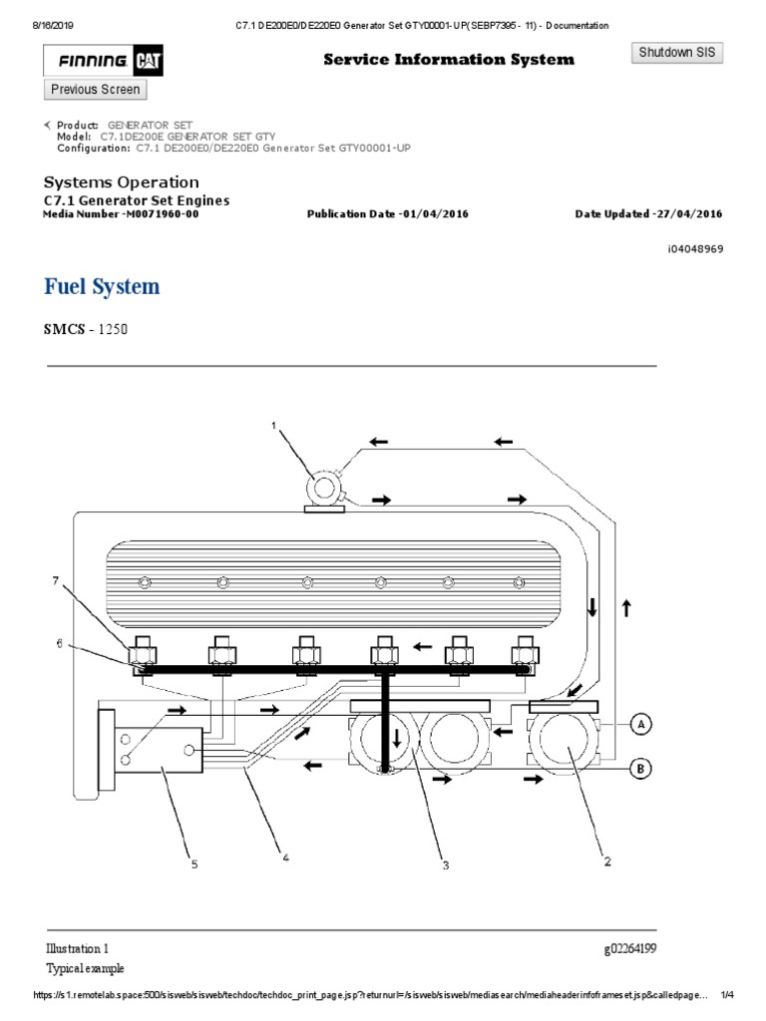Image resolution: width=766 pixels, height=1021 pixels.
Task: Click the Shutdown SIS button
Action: click(x=677, y=53)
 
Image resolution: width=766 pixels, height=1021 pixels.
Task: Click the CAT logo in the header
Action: click(x=150, y=63)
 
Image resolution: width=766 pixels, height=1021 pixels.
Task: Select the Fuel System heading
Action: click(x=102, y=287)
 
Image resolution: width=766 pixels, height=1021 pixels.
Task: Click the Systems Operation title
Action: click(x=122, y=182)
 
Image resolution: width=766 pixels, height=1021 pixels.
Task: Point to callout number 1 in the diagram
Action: click(x=273, y=426)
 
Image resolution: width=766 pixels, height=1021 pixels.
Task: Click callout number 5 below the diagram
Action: click(x=195, y=864)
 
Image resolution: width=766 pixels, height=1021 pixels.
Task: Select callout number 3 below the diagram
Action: click(x=446, y=865)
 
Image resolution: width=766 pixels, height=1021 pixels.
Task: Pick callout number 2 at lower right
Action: click(x=605, y=861)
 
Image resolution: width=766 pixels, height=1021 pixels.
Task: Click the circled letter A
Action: click(x=642, y=723)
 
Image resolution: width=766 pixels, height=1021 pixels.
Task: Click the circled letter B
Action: click(x=642, y=768)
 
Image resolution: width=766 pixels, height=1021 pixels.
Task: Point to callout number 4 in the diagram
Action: click(x=286, y=855)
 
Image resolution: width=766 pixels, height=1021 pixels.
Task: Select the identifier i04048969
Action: click(x=695, y=248)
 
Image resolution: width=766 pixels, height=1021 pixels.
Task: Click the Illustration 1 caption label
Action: click(x=77, y=947)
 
